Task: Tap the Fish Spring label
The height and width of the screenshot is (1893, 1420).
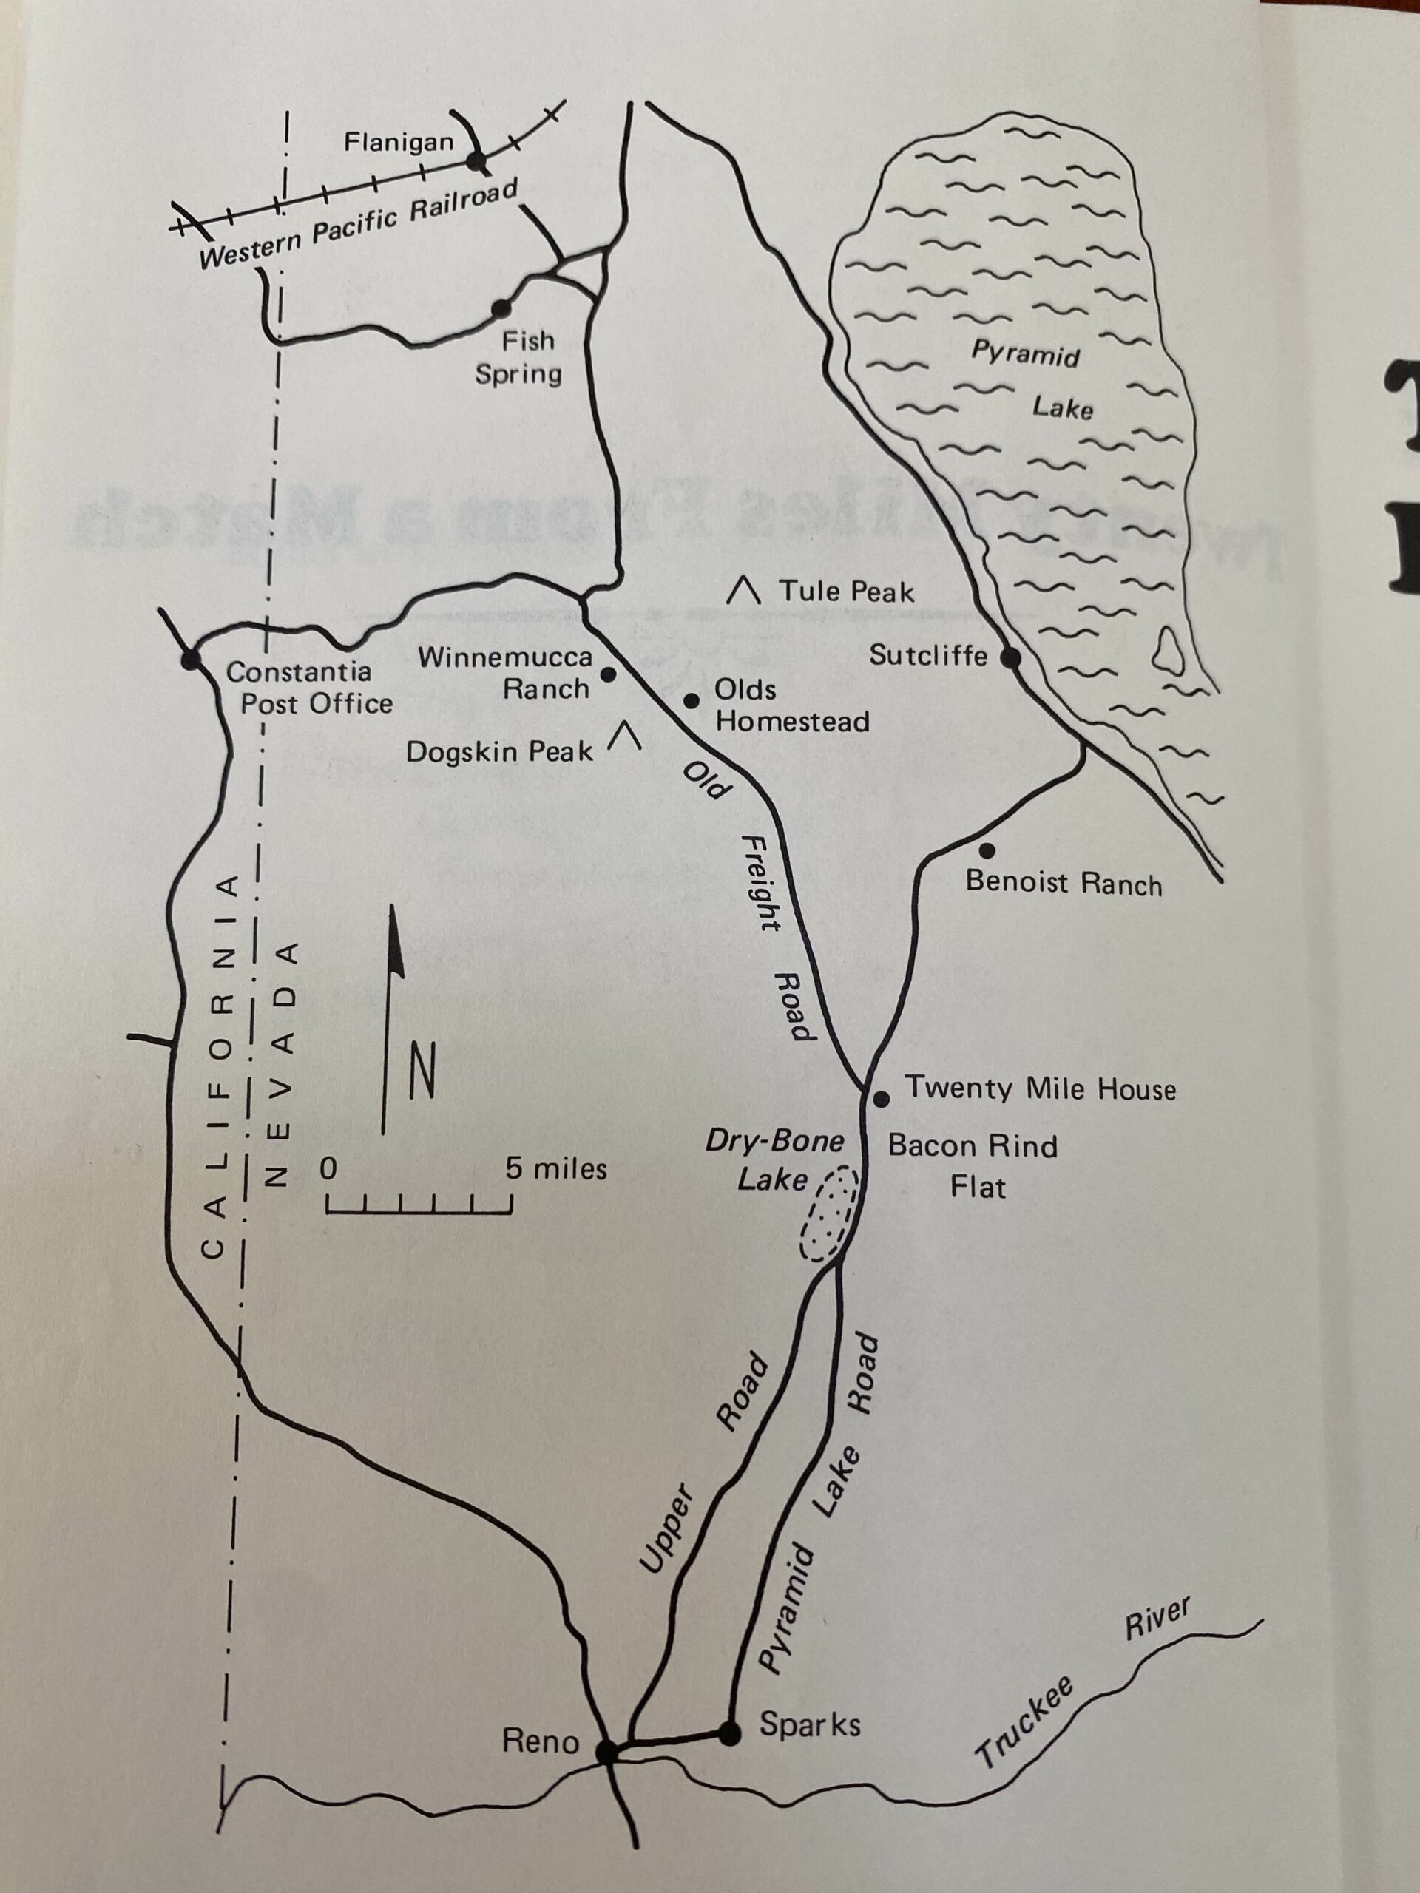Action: [x=519, y=358]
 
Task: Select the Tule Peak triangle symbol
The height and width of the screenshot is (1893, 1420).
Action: [x=744, y=592]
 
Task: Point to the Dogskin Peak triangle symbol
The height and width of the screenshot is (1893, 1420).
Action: [x=626, y=735]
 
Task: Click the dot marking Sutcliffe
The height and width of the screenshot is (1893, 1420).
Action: [x=1011, y=657]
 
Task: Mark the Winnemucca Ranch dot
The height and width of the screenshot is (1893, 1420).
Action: [x=609, y=674]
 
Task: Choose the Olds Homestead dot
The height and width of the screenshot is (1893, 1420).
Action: [x=692, y=701]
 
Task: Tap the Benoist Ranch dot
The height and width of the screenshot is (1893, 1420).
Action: [x=987, y=850]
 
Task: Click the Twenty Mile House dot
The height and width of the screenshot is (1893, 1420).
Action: [x=882, y=1099]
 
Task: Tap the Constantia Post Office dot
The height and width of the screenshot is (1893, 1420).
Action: [x=190, y=660]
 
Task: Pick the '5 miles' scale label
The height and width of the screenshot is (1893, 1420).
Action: [x=555, y=1169]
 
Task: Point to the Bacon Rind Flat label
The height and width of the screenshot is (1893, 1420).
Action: [x=973, y=1165]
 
